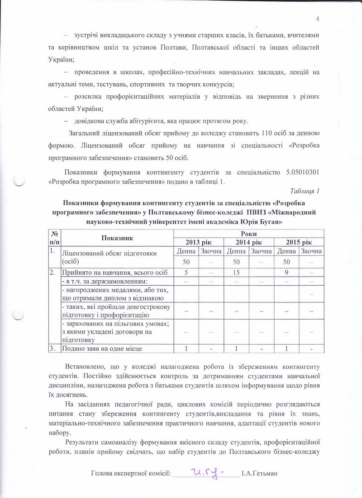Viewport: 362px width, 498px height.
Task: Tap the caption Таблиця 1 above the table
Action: tap(305, 191)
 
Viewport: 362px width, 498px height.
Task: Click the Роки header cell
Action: tap(248, 233)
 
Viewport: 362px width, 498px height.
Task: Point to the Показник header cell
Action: tap(117, 237)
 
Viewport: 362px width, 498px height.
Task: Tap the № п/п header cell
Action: tap(54, 237)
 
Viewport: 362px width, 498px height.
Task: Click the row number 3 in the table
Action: tap(53, 348)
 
